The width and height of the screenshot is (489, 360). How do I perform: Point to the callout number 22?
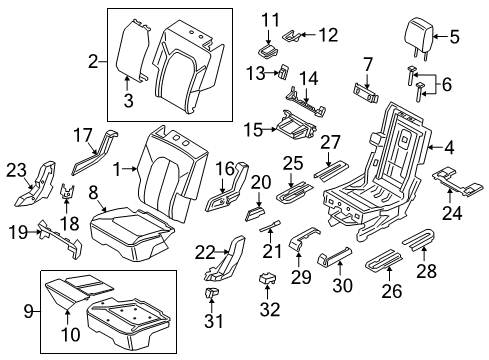[x=205, y=251]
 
